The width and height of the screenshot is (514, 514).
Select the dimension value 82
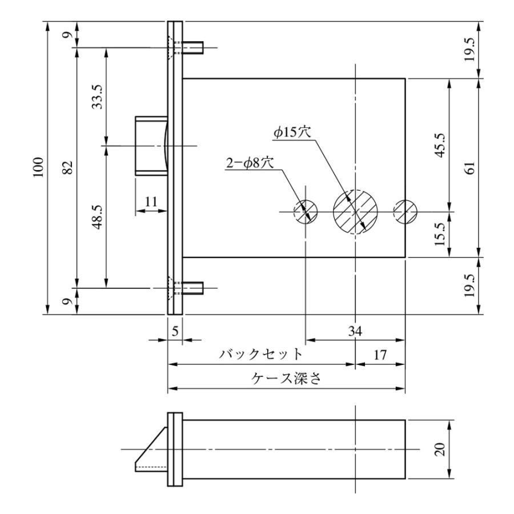(67, 168)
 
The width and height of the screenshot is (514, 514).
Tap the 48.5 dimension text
(98, 217)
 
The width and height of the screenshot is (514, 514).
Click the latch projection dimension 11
(151, 200)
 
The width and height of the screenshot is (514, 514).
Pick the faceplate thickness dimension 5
(175, 330)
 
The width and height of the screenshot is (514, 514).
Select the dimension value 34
(355, 331)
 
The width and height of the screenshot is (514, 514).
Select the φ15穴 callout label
(290, 132)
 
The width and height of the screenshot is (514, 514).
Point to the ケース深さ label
(286, 379)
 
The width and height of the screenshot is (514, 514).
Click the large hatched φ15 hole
(356, 212)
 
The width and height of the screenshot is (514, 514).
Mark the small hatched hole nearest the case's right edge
(405, 212)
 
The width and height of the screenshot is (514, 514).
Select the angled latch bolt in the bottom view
(151, 451)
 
